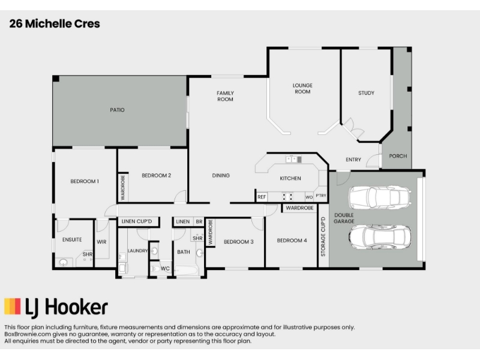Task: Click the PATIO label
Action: coord(117,110)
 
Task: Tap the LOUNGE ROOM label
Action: coord(302,88)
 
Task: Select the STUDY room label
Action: coord(366,93)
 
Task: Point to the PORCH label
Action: coord(398,156)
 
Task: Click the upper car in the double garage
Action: coord(380,197)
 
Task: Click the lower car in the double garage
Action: coord(380,237)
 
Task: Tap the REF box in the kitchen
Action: coord(262,197)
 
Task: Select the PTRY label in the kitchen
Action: coord(321,196)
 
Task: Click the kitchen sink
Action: coord(293,159)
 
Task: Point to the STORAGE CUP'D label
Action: coord(323,236)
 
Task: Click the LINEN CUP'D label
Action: coord(137,221)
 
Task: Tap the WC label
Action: coord(165,268)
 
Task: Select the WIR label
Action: coord(101,242)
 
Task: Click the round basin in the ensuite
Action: coord(64,262)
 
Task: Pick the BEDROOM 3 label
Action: coord(238,242)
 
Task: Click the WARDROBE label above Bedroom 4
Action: coord(299,208)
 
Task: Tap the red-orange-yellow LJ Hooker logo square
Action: coord(13,307)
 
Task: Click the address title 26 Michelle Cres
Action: coord(55,23)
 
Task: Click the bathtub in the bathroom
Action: coord(186,271)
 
